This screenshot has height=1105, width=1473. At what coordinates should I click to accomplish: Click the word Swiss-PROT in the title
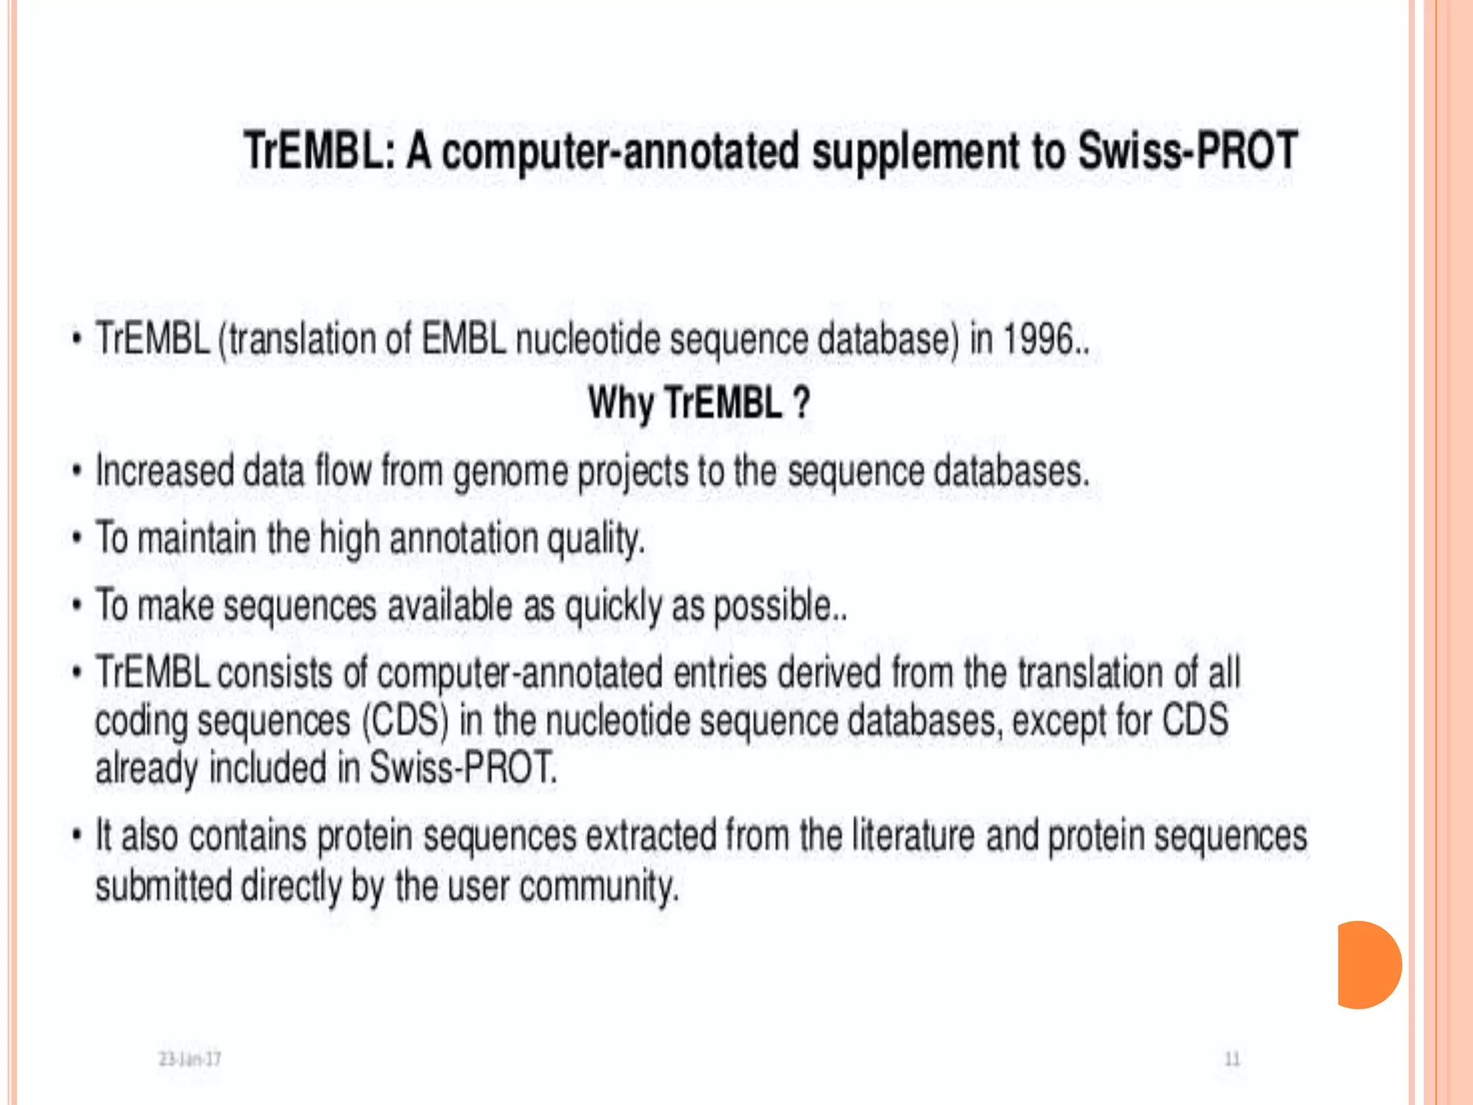click(x=1188, y=151)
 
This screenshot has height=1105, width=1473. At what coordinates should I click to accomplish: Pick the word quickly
click(x=613, y=606)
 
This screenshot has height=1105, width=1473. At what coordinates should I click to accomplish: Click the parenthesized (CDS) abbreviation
click(x=405, y=720)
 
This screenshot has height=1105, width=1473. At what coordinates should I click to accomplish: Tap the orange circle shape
click(x=1368, y=965)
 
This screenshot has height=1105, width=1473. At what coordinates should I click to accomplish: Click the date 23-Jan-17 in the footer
click(x=190, y=1059)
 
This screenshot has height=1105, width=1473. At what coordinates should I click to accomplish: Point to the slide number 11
click(x=1232, y=1059)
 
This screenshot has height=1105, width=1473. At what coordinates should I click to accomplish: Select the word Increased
click(x=165, y=471)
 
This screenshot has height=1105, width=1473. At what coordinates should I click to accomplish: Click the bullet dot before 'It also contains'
click(x=77, y=835)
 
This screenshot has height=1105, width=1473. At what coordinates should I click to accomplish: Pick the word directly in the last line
click(x=291, y=886)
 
